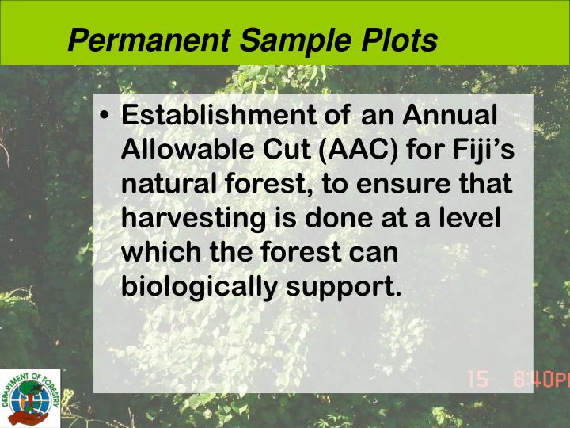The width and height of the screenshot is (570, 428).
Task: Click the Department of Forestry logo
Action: coord(30,398)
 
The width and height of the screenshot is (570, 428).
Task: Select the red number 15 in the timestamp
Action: coord(478,380)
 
